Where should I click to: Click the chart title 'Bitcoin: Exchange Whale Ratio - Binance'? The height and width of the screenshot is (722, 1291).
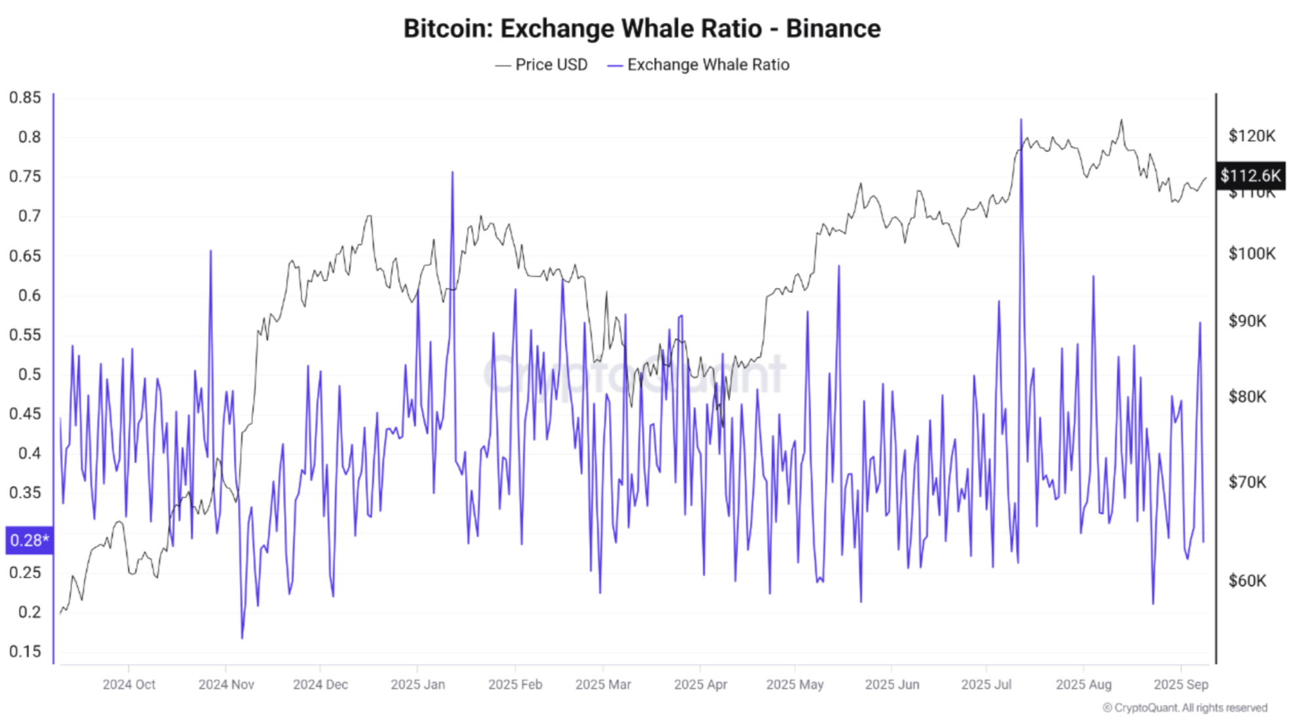point(642,29)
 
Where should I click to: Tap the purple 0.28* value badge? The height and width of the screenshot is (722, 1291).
point(29,540)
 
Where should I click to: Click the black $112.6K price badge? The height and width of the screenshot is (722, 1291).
point(1250,175)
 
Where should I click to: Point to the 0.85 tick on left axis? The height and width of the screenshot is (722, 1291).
point(25,97)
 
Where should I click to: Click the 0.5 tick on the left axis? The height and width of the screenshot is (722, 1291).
point(29,374)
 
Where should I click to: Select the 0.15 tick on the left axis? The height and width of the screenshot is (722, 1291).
point(25,651)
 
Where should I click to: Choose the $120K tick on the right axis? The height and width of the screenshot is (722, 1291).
point(1251,135)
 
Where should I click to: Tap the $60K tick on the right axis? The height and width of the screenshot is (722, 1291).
point(1247,581)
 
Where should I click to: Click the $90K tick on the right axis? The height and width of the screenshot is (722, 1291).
point(1247,321)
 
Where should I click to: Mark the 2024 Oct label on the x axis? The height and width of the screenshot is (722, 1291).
point(129,684)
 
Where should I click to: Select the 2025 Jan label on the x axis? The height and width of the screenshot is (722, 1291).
point(417,684)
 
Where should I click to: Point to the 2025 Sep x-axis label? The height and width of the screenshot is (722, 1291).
point(1180,684)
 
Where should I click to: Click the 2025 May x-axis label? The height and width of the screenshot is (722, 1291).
point(795,684)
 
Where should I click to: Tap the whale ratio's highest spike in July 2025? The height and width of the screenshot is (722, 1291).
point(1021,120)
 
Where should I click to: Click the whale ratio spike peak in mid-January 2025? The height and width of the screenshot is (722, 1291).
point(452,173)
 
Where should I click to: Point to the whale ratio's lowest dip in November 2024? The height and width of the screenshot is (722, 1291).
point(242,638)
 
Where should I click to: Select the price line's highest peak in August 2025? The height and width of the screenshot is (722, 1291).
point(1122,120)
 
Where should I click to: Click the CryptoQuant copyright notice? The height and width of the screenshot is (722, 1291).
point(1184,708)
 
